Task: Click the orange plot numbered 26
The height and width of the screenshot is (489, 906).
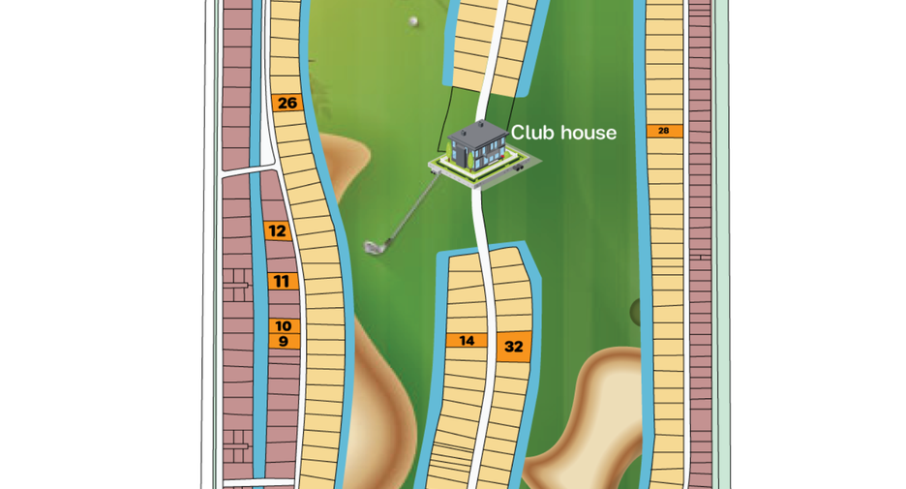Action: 287,103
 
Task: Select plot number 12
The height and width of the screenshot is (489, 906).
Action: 278,230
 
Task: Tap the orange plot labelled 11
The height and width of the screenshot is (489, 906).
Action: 283,282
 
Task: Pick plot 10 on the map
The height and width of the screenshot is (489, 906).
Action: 284,326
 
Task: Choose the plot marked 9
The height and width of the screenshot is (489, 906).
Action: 284,341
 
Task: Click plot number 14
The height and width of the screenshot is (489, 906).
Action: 467,341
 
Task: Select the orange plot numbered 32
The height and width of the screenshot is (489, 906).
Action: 513,347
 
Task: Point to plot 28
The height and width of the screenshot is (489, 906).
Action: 664,131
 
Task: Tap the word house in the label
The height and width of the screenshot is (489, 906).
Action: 586,133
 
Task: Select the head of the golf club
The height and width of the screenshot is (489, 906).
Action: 375,247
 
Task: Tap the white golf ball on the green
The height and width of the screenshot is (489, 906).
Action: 413,22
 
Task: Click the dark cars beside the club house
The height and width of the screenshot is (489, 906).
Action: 519,168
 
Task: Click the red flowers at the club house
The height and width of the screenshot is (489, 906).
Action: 502,156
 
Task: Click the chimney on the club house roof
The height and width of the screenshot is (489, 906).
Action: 481,124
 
